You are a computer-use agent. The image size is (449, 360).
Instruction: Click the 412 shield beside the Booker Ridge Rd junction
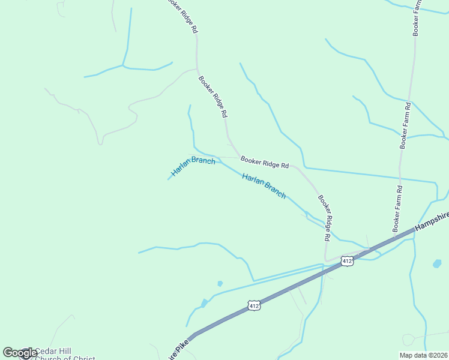(347, 260)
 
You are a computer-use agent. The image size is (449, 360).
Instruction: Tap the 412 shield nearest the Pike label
(254, 306)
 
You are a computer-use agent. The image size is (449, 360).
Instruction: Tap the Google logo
(19, 353)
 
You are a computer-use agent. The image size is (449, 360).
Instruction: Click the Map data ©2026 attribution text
(423, 355)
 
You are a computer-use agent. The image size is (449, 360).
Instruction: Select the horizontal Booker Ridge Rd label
(265, 162)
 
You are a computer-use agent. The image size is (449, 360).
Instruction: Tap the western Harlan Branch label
(193, 167)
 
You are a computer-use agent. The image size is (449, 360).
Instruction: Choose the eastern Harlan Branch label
(264, 185)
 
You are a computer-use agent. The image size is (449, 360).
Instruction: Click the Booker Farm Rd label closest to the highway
(397, 209)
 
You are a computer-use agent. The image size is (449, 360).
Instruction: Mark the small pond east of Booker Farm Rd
(437, 263)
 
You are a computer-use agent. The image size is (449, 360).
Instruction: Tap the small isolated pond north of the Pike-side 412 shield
(220, 283)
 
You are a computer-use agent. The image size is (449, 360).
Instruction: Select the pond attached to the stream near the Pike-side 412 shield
(205, 303)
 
